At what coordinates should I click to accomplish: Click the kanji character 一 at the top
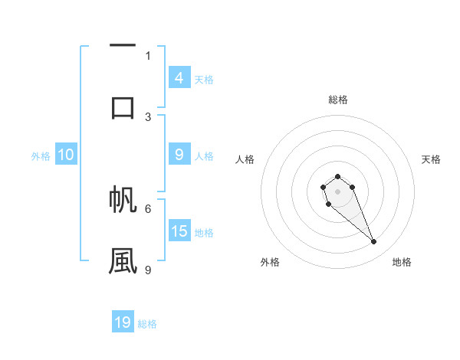pyautogui.click(x=123, y=46)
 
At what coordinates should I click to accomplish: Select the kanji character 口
pyautogui.click(x=123, y=106)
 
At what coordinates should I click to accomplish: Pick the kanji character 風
pyautogui.click(x=123, y=260)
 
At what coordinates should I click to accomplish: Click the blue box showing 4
pyautogui.click(x=179, y=77)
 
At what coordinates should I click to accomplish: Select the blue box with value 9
pyautogui.click(x=179, y=155)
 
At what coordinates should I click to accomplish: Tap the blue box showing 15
pyautogui.click(x=179, y=231)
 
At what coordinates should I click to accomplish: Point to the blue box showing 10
pyautogui.click(x=65, y=155)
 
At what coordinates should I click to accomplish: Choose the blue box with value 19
pyautogui.click(x=123, y=322)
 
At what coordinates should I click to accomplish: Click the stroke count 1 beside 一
pyautogui.click(x=148, y=55)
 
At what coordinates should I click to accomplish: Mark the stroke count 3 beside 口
pyautogui.click(x=148, y=116)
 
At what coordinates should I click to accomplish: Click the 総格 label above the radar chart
pyautogui.click(x=338, y=100)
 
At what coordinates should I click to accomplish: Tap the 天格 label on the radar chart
pyautogui.click(x=432, y=159)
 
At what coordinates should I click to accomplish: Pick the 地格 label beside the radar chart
pyautogui.click(x=402, y=262)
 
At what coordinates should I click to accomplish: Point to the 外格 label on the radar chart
pyautogui.click(x=270, y=262)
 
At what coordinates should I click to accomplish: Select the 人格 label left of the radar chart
pyautogui.click(x=245, y=159)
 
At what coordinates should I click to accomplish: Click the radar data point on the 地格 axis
pyautogui.click(x=374, y=242)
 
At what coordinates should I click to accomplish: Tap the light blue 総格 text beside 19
pyautogui.click(x=147, y=324)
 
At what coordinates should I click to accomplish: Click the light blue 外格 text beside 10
pyautogui.click(x=41, y=156)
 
